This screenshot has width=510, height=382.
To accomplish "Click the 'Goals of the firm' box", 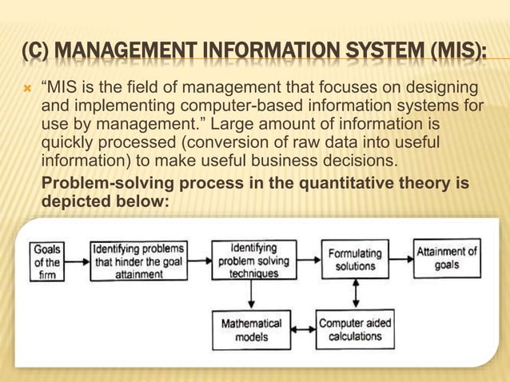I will (x=47, y=261).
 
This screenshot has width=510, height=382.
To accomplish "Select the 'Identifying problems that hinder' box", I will (x=138, y=261).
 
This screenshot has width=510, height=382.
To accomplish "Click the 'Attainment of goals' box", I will (x=447, y=258).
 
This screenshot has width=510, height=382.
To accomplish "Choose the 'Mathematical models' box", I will (x=251, y=329).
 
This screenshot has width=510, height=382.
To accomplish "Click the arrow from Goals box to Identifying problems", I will (x=78, y=261).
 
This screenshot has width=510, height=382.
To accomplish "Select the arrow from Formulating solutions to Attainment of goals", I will (x=400, y=259).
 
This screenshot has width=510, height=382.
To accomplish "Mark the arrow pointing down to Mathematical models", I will (x=252, y=295).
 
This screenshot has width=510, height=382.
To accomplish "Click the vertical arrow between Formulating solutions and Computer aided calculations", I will (x=356, y=294).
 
